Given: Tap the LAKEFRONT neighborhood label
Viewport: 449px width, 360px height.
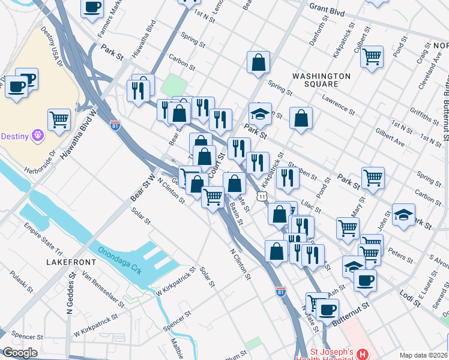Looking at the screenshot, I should [68, 262].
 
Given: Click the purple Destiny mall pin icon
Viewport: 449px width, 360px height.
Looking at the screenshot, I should [38, 136].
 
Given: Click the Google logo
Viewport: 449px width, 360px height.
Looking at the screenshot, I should [20, 353].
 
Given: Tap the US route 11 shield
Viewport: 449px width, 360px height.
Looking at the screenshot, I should [262, 196].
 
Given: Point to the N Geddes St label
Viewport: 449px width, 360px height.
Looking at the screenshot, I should [70, 293].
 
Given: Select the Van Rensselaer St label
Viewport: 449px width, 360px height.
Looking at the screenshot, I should [103, 287].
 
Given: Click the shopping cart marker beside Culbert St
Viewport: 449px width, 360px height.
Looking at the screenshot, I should [372, 57].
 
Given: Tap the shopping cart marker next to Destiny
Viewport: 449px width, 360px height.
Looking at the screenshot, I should [59, 119].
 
